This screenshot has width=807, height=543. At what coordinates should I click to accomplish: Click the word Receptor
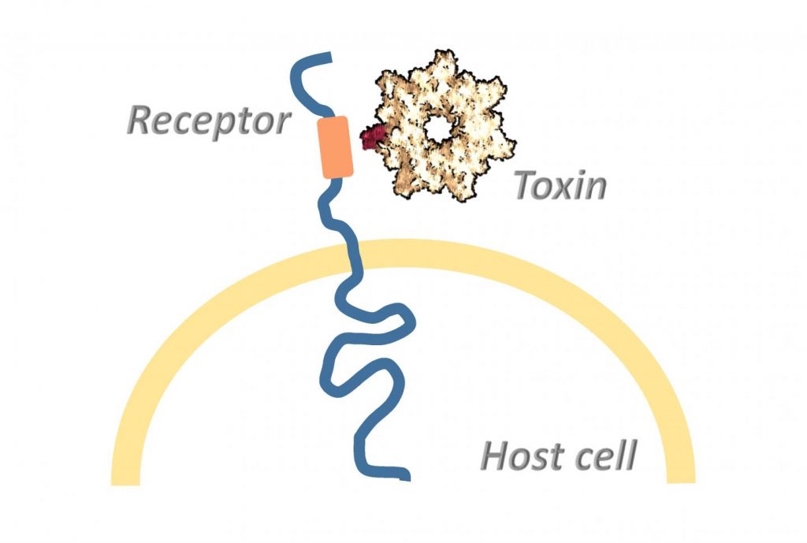(x=208, y=121)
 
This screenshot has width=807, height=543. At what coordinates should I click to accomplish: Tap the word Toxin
(x=560, y=186)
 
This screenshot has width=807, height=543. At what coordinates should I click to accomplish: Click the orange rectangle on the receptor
(x=335, y=147)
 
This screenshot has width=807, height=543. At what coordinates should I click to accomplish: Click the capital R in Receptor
(x=141, y=121)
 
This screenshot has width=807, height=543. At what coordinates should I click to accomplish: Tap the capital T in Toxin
(x=526, y=185)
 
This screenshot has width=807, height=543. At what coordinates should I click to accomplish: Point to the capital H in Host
(x=496, y=456)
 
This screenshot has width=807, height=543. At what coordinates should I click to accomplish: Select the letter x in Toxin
(x=566, y=189)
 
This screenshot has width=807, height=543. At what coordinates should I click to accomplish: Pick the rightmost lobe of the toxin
(x=508, y=146)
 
